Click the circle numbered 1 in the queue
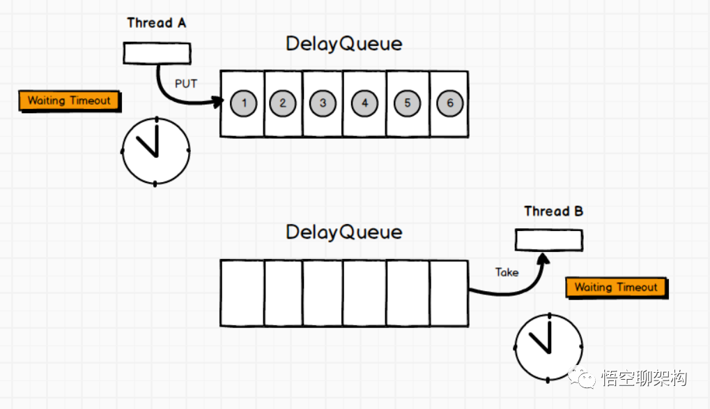click(244, 103)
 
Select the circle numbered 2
click(283, 103)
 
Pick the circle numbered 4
click(364, 103)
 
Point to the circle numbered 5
click(408, 103)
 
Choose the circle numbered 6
click(450, 103)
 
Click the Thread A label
click(157, 23)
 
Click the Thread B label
click(554, 211)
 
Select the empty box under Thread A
click(157, 53)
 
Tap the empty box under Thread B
click(549, 240)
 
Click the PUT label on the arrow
click(186, 84)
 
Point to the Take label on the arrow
click(507, 272)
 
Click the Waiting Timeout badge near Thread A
click(69, 101)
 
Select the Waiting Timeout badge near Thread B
click(616, 287)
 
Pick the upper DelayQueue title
click(344, 43)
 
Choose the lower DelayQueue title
click(344, 232)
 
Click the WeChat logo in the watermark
click(581, 378)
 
